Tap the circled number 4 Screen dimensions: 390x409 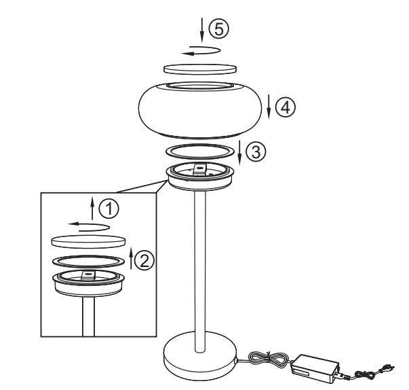[287, 106]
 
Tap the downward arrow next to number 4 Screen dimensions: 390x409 [270, 106]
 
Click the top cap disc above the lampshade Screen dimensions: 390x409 [200, 68]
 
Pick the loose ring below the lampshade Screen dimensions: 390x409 [200, 149]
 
